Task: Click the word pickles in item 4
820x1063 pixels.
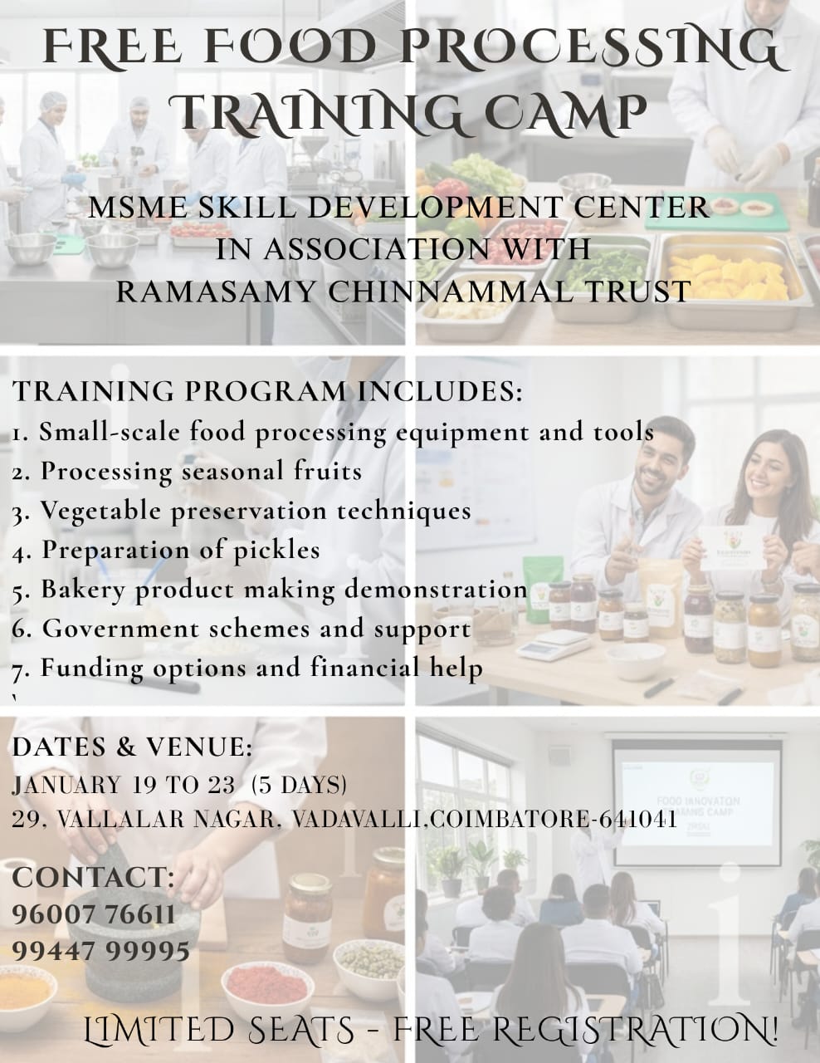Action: pyautogui.click(x=276, y=550)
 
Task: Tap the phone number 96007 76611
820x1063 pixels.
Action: pyautogui.click(x=94, y=914)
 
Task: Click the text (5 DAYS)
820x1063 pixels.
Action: pyautogui.click(x=299, y=785)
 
